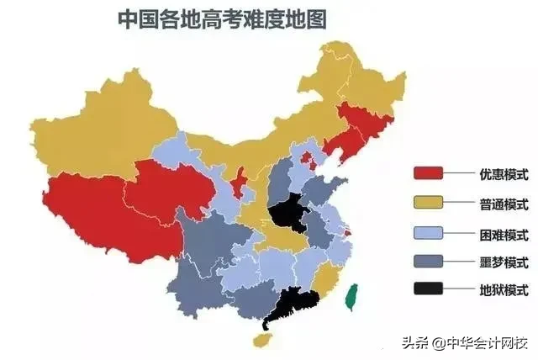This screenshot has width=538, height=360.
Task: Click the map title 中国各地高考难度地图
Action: point(222,19)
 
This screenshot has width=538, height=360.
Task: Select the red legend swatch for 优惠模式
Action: point(428,174)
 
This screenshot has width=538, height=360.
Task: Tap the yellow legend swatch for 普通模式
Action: point(428,203)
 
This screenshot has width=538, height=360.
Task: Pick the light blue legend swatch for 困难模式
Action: point(428,232)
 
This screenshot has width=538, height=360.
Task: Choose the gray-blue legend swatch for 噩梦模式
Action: point(428,261)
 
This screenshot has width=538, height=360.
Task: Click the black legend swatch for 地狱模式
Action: point(428,290)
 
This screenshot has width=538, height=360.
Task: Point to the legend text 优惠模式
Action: point(498,175)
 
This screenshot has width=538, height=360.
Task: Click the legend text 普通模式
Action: point(498,204)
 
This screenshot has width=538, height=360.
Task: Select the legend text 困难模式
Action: point(498,233)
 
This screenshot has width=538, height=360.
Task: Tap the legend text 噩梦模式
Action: point(498,262)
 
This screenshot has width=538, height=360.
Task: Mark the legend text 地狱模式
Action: point(498,291)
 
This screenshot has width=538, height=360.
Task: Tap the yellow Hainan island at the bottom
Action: point(262,338)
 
